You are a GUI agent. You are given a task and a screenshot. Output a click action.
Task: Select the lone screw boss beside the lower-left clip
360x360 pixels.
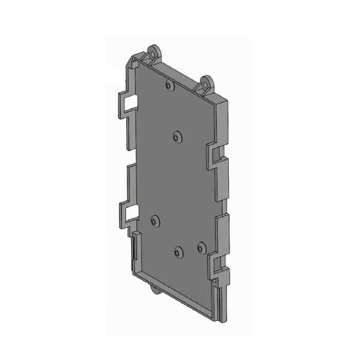click(x=155, y=221)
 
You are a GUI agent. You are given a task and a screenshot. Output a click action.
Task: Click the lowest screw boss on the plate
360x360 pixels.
click(x=179, y=251)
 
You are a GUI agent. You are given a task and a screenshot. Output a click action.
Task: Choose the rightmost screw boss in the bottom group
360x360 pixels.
click(x=201, y=246)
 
